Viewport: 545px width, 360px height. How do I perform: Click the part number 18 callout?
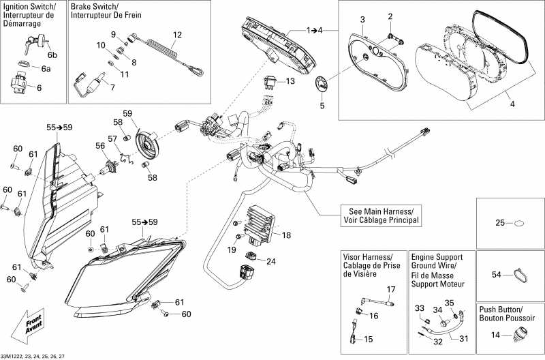tap(286, 235)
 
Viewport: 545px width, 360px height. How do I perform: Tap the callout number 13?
tap(290, 81)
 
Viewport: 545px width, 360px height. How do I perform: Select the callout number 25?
tap(499, 223)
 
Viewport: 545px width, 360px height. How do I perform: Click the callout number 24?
tap(271, 261)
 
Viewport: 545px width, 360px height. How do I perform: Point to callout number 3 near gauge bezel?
tap(362, 18)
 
